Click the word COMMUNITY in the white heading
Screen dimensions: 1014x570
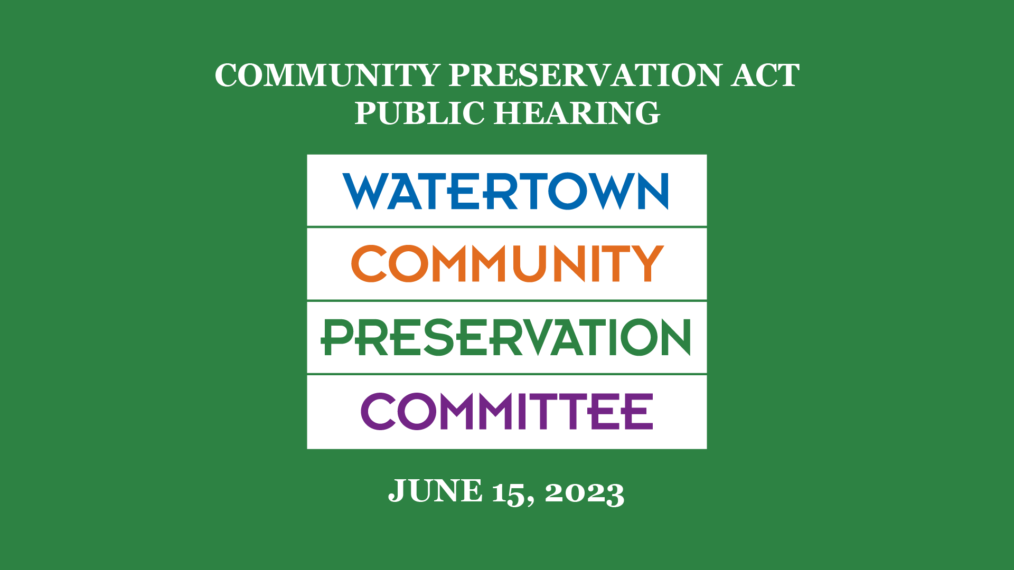coord(327,75)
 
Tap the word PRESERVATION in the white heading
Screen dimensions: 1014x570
coord(585,75)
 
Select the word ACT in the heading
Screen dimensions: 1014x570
coord(765,75)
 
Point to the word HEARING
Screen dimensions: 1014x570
coord(577,113)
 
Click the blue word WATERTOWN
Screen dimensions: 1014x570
coord(506,191)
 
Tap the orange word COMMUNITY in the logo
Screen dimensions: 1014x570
coord(507,263)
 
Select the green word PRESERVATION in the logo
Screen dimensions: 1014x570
coord(506,337)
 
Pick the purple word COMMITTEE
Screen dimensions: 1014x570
coord(507,411)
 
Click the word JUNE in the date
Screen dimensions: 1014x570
coord(435,491)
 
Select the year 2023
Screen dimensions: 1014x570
coord(585,493)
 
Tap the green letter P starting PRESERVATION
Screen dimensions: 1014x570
coord(337,337)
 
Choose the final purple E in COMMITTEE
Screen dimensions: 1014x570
coord(640,411)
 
